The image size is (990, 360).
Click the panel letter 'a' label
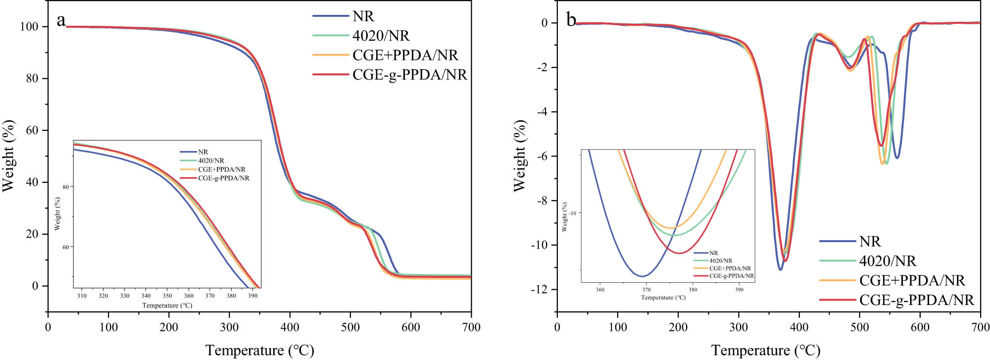(61, 21)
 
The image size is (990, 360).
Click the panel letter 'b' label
(571, 21)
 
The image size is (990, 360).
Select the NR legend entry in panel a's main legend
(363, 16)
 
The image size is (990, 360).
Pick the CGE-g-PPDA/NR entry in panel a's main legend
(409, 75)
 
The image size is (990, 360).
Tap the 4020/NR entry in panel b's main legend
(887, 261)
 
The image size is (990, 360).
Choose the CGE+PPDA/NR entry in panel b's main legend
(912, 280)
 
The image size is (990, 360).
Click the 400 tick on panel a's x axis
(290, 327)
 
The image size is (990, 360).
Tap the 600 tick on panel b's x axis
(920, 327)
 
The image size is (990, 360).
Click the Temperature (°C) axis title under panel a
(259, 351)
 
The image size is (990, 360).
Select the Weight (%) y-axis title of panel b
(519, 155)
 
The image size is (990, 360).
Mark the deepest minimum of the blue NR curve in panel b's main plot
(780, 269)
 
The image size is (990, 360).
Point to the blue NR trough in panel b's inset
(642, 276)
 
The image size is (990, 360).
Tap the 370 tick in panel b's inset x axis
(646, 290)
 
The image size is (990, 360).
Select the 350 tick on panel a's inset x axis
(167, 296)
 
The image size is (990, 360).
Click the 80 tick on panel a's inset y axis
(65, 187)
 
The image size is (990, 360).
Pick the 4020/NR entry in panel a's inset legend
(211, 160)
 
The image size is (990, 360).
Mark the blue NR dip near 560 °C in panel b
(897, 157)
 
